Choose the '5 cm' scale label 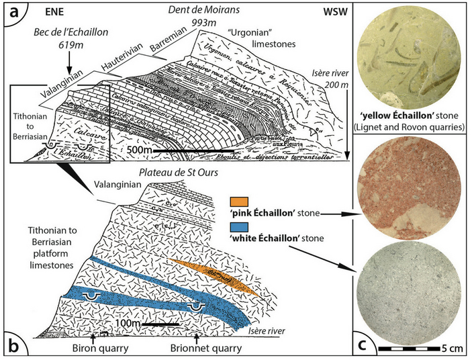[451, 349]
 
